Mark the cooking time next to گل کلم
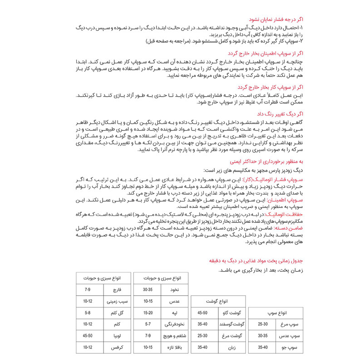coord(88,313)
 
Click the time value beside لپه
coord(147,313)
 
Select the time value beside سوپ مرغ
coord(263,324)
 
